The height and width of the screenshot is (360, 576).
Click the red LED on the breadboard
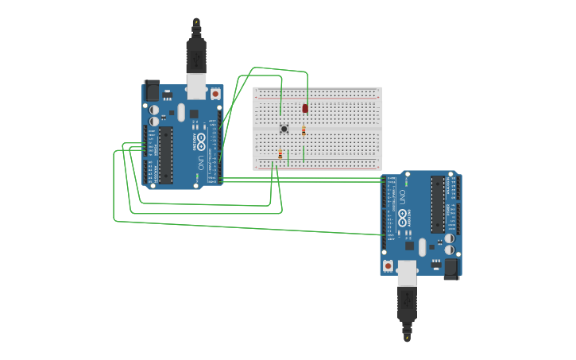[305, 108]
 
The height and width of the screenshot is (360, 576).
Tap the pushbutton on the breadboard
[284, 129]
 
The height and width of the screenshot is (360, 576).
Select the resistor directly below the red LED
[303, 131]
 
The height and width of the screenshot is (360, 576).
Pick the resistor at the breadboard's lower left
[280, 154]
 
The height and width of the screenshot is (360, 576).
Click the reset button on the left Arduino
[215, 93]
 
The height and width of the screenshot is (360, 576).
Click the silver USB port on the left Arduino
[195, 86]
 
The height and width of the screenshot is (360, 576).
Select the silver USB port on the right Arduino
[408, 272]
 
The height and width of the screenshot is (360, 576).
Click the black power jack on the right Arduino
[451, 268]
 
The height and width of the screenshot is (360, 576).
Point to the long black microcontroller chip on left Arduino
[165, 155]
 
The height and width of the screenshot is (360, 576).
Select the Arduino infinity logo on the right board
[403, 217]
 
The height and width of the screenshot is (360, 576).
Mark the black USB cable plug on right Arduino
[407, 305]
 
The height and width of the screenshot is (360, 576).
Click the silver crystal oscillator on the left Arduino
[181, 112]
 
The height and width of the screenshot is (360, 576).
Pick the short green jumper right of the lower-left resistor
[288, 158]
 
